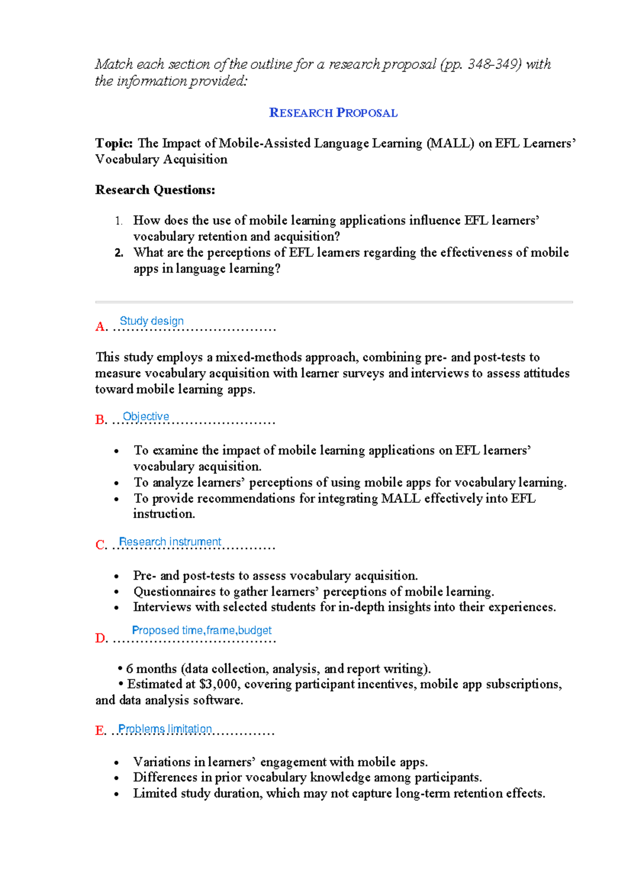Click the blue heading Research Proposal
pyautogui.click(x=333, y=113)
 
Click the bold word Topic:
pyautogui.click(x=114, y=143)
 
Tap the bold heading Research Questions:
pyautogui.click(x=155, y=190)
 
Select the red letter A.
pyautogui.click(x=100, y=327)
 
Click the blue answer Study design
pyautogui.click(x=151, y=321)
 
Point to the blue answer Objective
pyautogui.click(x=146, y=416)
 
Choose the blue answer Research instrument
pyautogui.click(x=170, y=542)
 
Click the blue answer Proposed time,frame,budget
pyautogui.click(x=201, y=630)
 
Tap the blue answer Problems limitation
pyautogui.click(x=165, y=729)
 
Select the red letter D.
pyautogui.click(x=100, y=639)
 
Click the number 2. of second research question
pyautogui.click(x=119, y=253)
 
